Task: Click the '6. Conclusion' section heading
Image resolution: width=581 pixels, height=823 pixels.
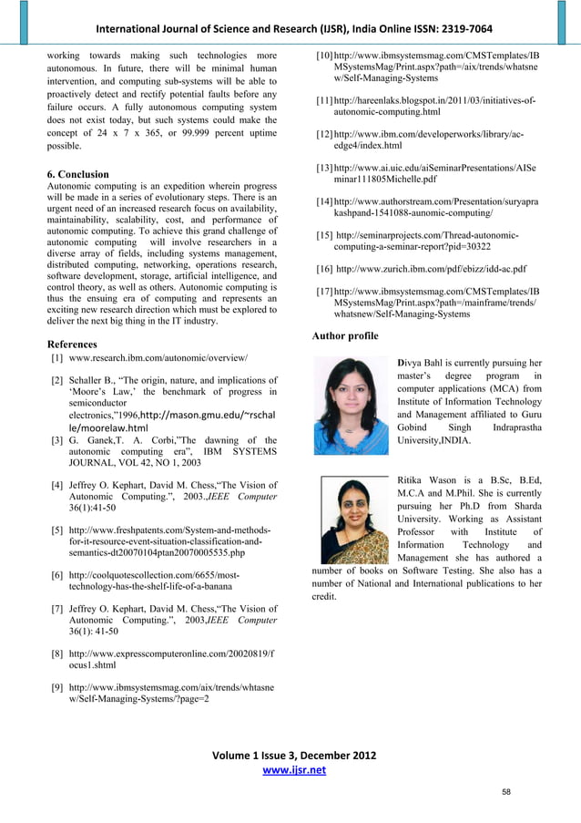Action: pyautogui.click(x=77, y=174)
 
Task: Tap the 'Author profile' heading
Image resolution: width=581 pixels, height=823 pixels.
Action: pyautogui.click(x=344, y=336)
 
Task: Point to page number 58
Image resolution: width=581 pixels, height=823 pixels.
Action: pyautogui.click(x=505, y=792)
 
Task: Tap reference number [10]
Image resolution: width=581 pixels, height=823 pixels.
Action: pyautogui.click(x=323, y=57)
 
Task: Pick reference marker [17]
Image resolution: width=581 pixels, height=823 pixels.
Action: pyautogui.click(x=323, y=291)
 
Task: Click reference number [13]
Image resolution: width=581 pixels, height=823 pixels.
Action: pyautogui.click(x=323, y=169)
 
